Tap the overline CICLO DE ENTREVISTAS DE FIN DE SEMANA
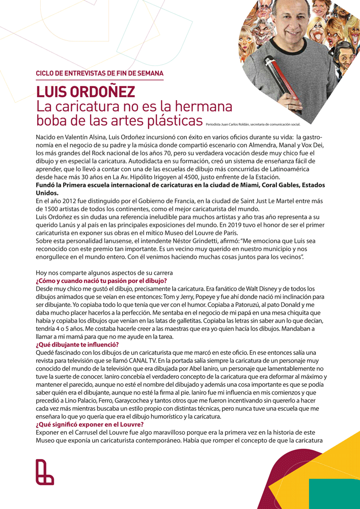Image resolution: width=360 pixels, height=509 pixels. coord(99,73)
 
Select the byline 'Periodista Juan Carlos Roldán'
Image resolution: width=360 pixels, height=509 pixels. coord(235,124)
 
